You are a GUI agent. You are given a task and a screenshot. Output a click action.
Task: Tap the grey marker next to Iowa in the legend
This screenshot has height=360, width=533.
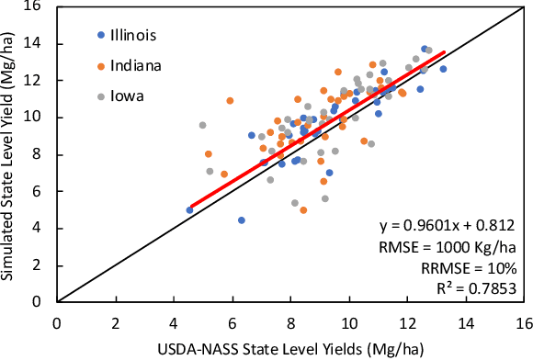100,96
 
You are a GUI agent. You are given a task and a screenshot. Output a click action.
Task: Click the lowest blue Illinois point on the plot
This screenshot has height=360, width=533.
242,220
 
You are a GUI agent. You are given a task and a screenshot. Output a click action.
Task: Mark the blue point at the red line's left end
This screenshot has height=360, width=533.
190,210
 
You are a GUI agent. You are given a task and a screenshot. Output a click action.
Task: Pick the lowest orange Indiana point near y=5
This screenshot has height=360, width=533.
303,210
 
